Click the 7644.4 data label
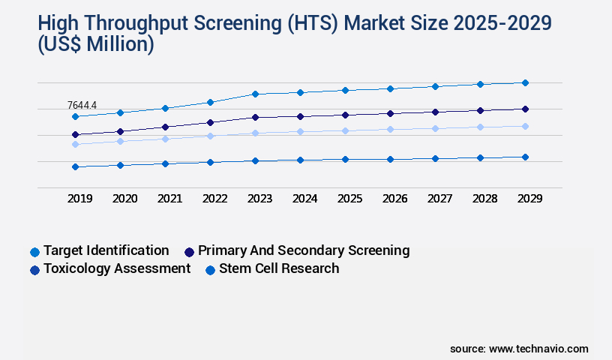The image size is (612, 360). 82,105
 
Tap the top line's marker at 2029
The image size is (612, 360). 525,82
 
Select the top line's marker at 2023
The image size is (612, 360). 255,94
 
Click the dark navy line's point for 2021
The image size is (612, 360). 165,127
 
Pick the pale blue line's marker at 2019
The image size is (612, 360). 75,144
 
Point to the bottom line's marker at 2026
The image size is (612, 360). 390,159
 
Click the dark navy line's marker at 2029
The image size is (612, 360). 525,109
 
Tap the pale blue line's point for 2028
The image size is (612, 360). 480,127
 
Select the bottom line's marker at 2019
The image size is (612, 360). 75,166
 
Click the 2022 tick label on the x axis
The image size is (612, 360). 214,199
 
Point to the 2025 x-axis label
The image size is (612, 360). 349,199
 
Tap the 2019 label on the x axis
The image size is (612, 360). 79,199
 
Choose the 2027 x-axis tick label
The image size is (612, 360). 439,199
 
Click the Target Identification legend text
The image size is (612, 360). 106,250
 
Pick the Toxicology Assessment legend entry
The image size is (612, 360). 116,268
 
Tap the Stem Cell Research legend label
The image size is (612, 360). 278,268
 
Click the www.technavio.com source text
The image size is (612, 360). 538,349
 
